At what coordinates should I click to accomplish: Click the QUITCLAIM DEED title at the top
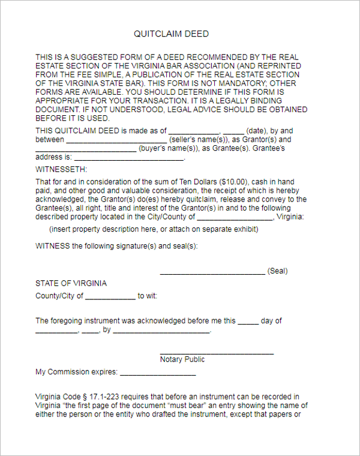[171, 34]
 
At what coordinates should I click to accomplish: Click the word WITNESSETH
[61, 169]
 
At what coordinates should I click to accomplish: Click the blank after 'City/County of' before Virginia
[235, 217]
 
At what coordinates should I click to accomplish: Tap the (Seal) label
[277, 271]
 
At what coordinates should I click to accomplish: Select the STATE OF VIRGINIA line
[71, 283]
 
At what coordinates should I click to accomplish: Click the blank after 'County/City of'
[110, 297]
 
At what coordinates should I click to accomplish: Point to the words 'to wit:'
[148, 296]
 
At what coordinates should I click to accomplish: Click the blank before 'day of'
[248, 322]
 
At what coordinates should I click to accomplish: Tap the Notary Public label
[182, 359]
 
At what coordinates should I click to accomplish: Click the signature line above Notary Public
[217, 353]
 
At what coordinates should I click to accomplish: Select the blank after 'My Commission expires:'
[158, 373]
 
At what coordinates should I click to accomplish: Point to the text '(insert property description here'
[103, 229]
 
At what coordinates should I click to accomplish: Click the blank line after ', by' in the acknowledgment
[161, 331]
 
